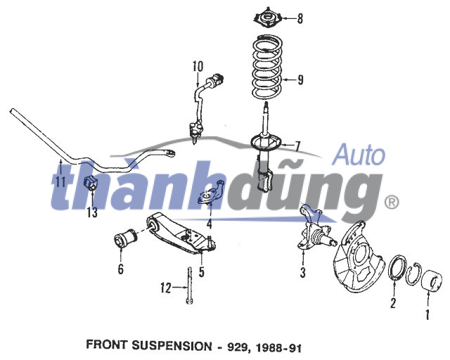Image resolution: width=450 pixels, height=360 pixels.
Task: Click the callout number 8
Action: pos(300,18)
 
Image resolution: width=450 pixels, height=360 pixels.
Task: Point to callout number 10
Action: pos(198,66)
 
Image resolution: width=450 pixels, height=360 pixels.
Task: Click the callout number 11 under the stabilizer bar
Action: pos(60,181)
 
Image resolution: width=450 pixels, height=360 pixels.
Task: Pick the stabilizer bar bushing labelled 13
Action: pos(91,184)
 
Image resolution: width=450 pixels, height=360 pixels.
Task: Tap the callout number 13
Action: pos(92,213)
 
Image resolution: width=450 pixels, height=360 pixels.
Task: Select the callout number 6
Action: pos(120,269)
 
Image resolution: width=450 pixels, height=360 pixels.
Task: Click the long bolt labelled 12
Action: pos(190,285)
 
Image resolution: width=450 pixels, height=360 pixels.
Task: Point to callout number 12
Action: pos(166,288)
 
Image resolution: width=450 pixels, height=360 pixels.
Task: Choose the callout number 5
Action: pos(202,271)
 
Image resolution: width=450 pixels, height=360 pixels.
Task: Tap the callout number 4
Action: pos(210,224)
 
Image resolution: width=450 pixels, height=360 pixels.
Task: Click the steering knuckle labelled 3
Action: pos(314,228)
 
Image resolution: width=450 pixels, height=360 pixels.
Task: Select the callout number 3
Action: pos(303,272)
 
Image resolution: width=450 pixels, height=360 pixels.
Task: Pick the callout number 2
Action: pos(393,303)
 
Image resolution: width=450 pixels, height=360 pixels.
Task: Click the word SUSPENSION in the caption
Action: pos(172,345)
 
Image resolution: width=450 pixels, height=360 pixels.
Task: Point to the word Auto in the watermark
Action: pos(359,155)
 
